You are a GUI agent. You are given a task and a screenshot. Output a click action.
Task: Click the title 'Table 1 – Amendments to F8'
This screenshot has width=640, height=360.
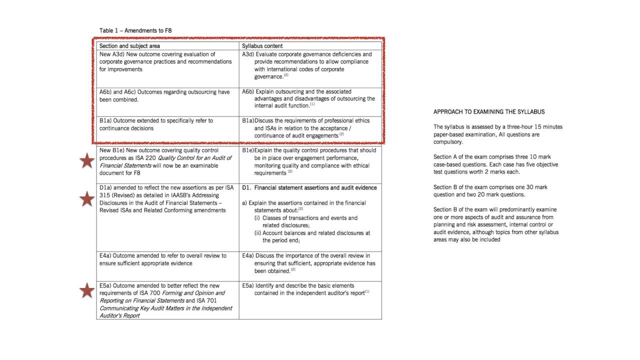[136, 30]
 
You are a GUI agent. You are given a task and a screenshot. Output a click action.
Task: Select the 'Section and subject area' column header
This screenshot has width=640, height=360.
[129, 46]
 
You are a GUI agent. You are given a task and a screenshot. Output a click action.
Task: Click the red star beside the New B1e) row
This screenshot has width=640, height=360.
[87, 161]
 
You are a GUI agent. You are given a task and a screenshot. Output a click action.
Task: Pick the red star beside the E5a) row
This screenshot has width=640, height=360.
[87, 290]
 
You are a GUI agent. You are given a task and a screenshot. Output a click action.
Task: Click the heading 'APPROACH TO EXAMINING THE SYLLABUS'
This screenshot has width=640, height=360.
[489, 112]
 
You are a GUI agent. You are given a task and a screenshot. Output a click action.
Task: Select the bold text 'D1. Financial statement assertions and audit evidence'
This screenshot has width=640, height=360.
[309, 188]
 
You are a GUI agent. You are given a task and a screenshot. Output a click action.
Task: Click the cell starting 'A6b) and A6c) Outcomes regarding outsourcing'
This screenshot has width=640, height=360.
[164, 95]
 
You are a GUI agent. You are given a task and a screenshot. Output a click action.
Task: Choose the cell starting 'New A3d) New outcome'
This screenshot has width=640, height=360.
[165, 61]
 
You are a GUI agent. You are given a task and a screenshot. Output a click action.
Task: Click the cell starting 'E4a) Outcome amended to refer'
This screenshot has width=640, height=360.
[163, 259]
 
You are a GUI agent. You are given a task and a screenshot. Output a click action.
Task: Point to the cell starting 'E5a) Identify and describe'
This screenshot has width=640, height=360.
[310, 289]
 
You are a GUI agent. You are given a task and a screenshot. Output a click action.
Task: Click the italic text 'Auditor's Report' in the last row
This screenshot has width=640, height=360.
[119, 315]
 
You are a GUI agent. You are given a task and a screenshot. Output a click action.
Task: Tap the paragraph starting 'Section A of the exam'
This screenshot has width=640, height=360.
[495, 164]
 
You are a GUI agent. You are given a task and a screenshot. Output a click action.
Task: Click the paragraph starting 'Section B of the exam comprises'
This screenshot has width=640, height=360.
[490, 190]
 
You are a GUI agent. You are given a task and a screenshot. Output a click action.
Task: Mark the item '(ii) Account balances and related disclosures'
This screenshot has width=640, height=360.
[312, 236]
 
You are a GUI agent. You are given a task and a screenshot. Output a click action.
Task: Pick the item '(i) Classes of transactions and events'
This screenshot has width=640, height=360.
[306, 221]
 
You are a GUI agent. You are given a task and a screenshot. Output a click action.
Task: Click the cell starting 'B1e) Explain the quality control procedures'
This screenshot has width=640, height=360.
[310, 161]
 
